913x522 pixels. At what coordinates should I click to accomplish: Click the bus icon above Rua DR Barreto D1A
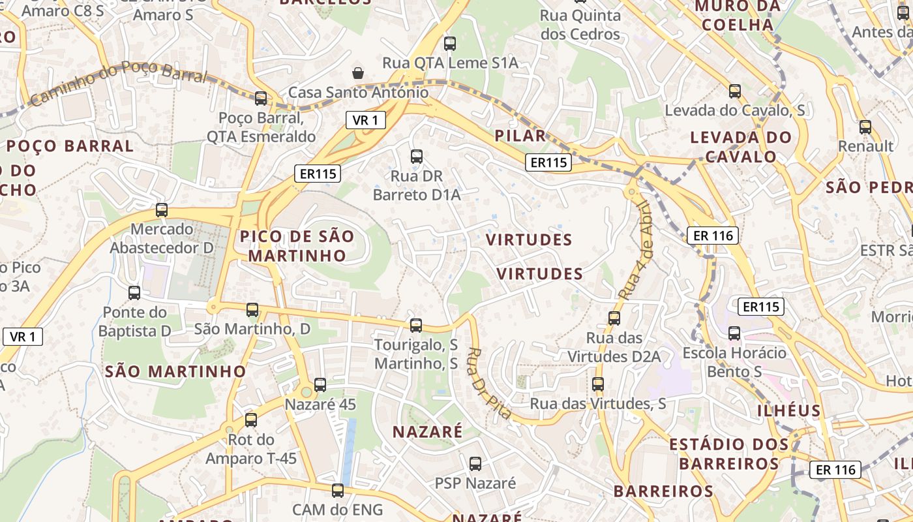coord(416,157)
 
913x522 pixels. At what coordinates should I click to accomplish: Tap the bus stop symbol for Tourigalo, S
coord(415,325)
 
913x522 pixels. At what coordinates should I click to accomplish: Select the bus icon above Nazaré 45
coord(320,385)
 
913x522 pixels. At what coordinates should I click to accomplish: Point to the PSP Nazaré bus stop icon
coord(475,464)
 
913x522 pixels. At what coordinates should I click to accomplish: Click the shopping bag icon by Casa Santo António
coord(358,72)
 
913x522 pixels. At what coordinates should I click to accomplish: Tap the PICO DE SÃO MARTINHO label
coord(297,245)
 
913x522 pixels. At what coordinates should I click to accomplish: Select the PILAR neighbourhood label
coord(520,136)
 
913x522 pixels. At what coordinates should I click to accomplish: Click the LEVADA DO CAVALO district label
coord(741,147)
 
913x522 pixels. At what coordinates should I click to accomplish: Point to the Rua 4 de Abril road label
coord(635,250)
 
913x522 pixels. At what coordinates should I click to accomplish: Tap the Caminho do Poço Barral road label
coord(118,84)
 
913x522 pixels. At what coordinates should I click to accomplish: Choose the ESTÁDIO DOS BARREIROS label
coord(729,454)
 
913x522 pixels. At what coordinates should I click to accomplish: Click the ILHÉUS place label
coord(789,410)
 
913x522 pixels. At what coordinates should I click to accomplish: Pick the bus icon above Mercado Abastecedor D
coord(162,210)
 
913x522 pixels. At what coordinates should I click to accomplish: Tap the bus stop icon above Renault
coord(865,127)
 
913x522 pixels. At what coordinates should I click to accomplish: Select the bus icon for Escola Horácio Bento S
coord(734,333)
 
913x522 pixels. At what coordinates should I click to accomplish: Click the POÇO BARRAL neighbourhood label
coord(70,146)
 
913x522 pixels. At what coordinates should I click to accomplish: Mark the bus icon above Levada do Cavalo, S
coord(735,91)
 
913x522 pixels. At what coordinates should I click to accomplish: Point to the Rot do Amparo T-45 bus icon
coord(251,420)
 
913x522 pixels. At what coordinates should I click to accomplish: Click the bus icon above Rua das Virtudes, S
coord(598,384)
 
